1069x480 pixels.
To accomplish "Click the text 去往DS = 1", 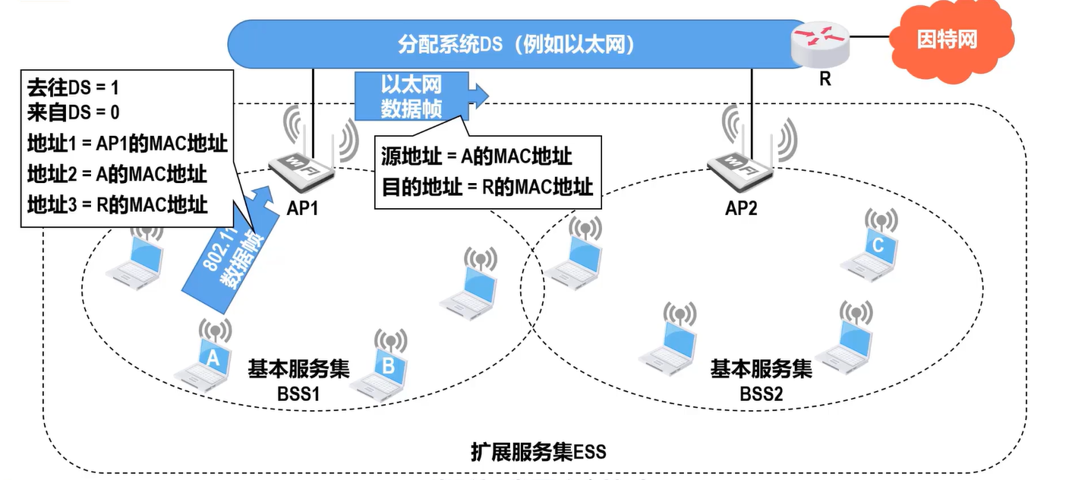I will (73, 89).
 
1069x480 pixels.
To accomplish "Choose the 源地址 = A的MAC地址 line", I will (476, 156).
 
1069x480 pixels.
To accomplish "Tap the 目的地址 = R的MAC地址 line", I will (487, 187).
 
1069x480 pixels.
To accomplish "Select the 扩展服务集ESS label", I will (538, 453).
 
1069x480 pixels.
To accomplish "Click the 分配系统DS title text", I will (516, 44).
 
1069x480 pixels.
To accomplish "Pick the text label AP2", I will (741, 207).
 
